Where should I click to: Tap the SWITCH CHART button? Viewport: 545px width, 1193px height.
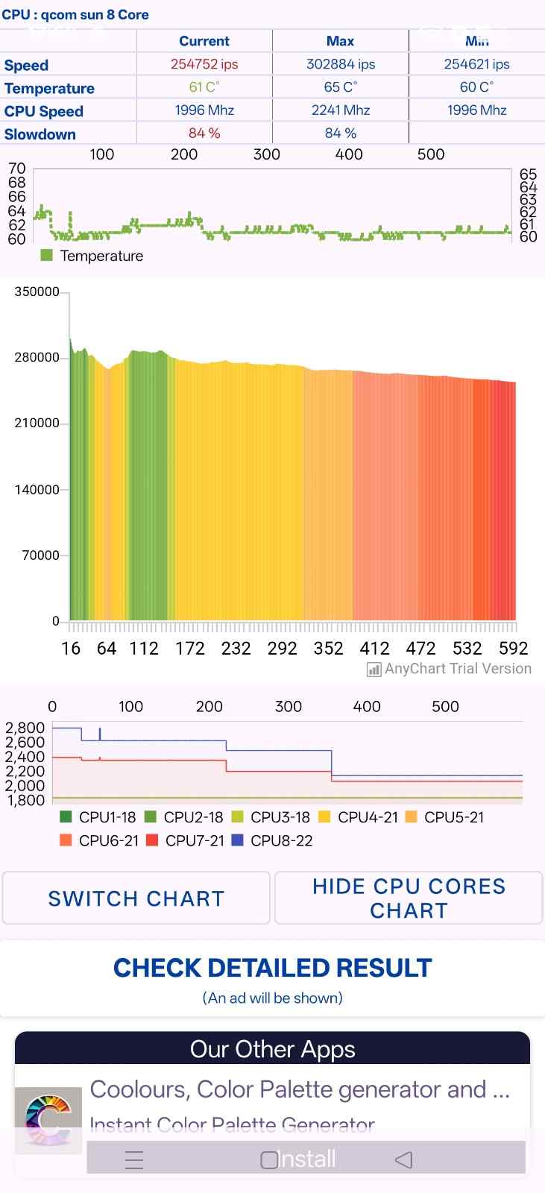pos(136,898)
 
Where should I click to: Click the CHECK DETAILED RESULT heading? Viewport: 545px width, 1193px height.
pos(272,968)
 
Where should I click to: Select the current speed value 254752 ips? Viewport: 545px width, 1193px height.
pos(204,64)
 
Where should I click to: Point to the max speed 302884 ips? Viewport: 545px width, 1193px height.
pos(341,64)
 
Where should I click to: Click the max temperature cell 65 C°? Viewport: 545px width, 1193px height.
pos(341,87)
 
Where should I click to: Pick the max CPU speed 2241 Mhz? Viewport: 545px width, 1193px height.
pos(341,110)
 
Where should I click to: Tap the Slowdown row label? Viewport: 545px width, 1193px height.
pos(40,134)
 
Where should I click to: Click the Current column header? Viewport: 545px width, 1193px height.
pos(204,41)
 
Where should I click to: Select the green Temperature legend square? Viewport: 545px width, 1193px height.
pos(47,256)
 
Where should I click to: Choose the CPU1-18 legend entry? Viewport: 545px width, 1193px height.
pos(98,817)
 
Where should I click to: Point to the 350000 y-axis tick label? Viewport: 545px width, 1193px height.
pos(37,292)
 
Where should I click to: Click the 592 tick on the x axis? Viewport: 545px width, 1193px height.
pos(513,648)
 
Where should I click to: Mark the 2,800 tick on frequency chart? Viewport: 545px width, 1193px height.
pos(25,728)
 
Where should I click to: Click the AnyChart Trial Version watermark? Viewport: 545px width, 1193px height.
pos(450,669)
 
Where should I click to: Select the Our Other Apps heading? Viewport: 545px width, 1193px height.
pos(272,1049)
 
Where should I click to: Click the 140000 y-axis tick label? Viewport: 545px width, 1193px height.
pos(37,490)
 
